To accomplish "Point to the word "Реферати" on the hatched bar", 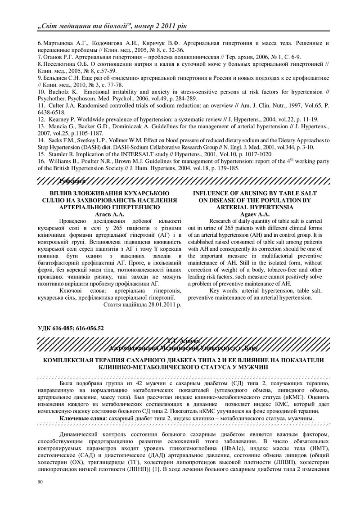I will pos(72,180).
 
